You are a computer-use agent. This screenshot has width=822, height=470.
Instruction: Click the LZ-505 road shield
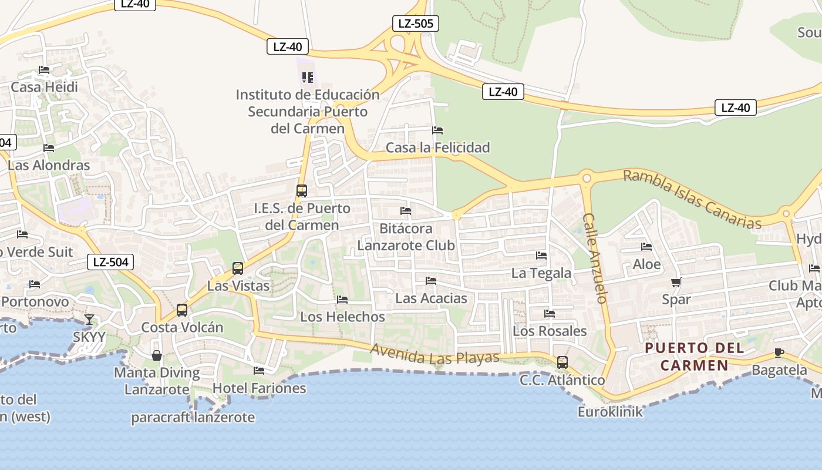pyautogui.click(x=416, y=23)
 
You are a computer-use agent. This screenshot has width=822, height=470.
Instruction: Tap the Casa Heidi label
pyautogui.click(x=44, y=88)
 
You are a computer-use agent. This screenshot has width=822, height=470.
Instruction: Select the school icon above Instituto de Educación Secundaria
pyautogui.click(x=308, y=78)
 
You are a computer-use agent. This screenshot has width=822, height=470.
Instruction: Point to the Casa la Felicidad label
pyautogui.click(x=437, y=147)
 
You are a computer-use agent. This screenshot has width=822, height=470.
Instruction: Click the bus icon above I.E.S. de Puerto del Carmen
pyautogui.click(x=302, y=191)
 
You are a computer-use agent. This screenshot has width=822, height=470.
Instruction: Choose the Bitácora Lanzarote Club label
pyautogui.click(x=406, y=237)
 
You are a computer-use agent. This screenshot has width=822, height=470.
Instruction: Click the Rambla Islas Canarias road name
pyautogui.click(x=692, y=199)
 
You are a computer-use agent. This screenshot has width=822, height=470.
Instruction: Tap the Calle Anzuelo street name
pyautogui.click(x=594, y=258)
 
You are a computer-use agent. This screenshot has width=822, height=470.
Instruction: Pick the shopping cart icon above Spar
pyautogui.click(x=676, y=283)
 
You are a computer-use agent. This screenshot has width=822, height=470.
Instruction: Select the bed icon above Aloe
pyautogui.click(x=646, y=247)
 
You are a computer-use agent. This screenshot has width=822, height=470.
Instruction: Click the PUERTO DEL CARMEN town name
pyautogui.click(x=695, y=357)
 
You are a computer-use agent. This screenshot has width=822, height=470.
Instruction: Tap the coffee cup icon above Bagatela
pyautogui.click(x=779, y=353)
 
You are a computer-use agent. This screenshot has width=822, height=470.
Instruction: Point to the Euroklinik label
pyautogui.click(x=610, y=412)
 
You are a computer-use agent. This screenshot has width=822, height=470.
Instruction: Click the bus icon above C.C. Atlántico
pyautogui.click(x=562, y=362)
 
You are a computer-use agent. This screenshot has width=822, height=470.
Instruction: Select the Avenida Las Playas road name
pyautogui.click(x=434, y=353)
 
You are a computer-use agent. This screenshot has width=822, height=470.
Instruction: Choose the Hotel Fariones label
pyautogui.click(x=259, y=388)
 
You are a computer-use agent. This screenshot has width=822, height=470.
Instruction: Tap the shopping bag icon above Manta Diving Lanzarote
pyautogui.click(x=157, y=355)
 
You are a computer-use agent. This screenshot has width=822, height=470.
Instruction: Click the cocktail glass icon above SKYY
pyautogui.click(x=89, y=320)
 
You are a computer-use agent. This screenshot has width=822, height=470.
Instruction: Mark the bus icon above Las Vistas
pyautogui.click(x=238, y=268)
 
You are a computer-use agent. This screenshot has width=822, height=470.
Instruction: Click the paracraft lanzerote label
pyautogui.click(x=193, y=418)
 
